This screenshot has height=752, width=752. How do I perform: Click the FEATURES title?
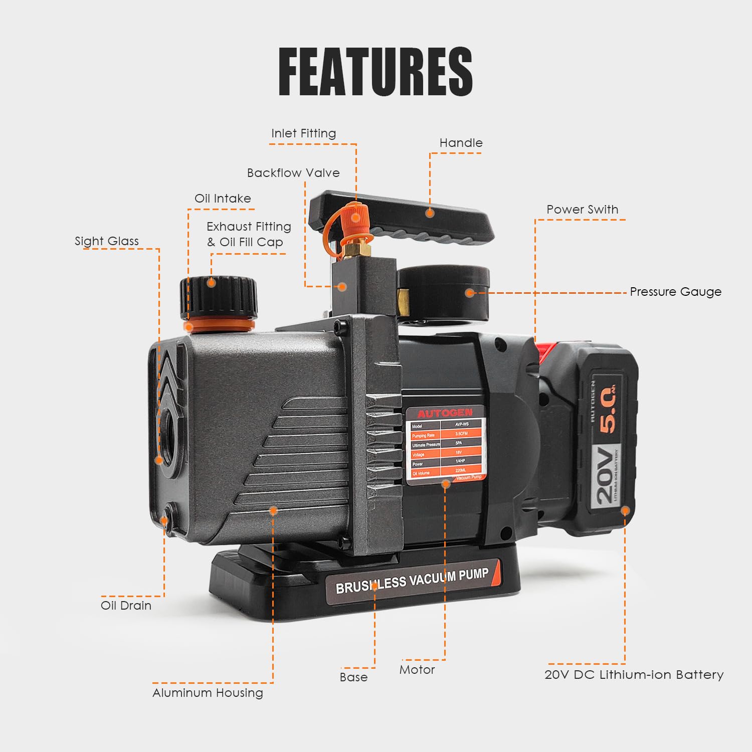pos(375,72)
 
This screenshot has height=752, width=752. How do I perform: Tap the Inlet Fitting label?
pos(303,133)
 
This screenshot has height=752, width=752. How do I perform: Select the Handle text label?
pos(461,143)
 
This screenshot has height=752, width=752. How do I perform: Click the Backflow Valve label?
pos(293,173)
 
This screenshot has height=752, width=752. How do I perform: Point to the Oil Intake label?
pos(223,199)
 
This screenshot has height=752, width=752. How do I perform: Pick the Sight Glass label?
pos(107,241)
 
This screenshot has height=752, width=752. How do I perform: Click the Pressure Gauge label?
pos(675,292)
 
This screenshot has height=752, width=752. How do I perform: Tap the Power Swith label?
pos(582,210)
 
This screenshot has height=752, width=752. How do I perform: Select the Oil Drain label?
pos(126,606)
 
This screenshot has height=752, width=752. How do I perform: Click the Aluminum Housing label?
pos(208,693)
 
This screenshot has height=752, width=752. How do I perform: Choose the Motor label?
pos(417,670)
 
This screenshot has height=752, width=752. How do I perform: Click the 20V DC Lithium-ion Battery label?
pos(634,675)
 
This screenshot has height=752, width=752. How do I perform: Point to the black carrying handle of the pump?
pos(401,216)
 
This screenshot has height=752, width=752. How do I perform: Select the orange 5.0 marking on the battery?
pos(607,409)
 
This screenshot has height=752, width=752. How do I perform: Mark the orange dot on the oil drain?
pos(164,521)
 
